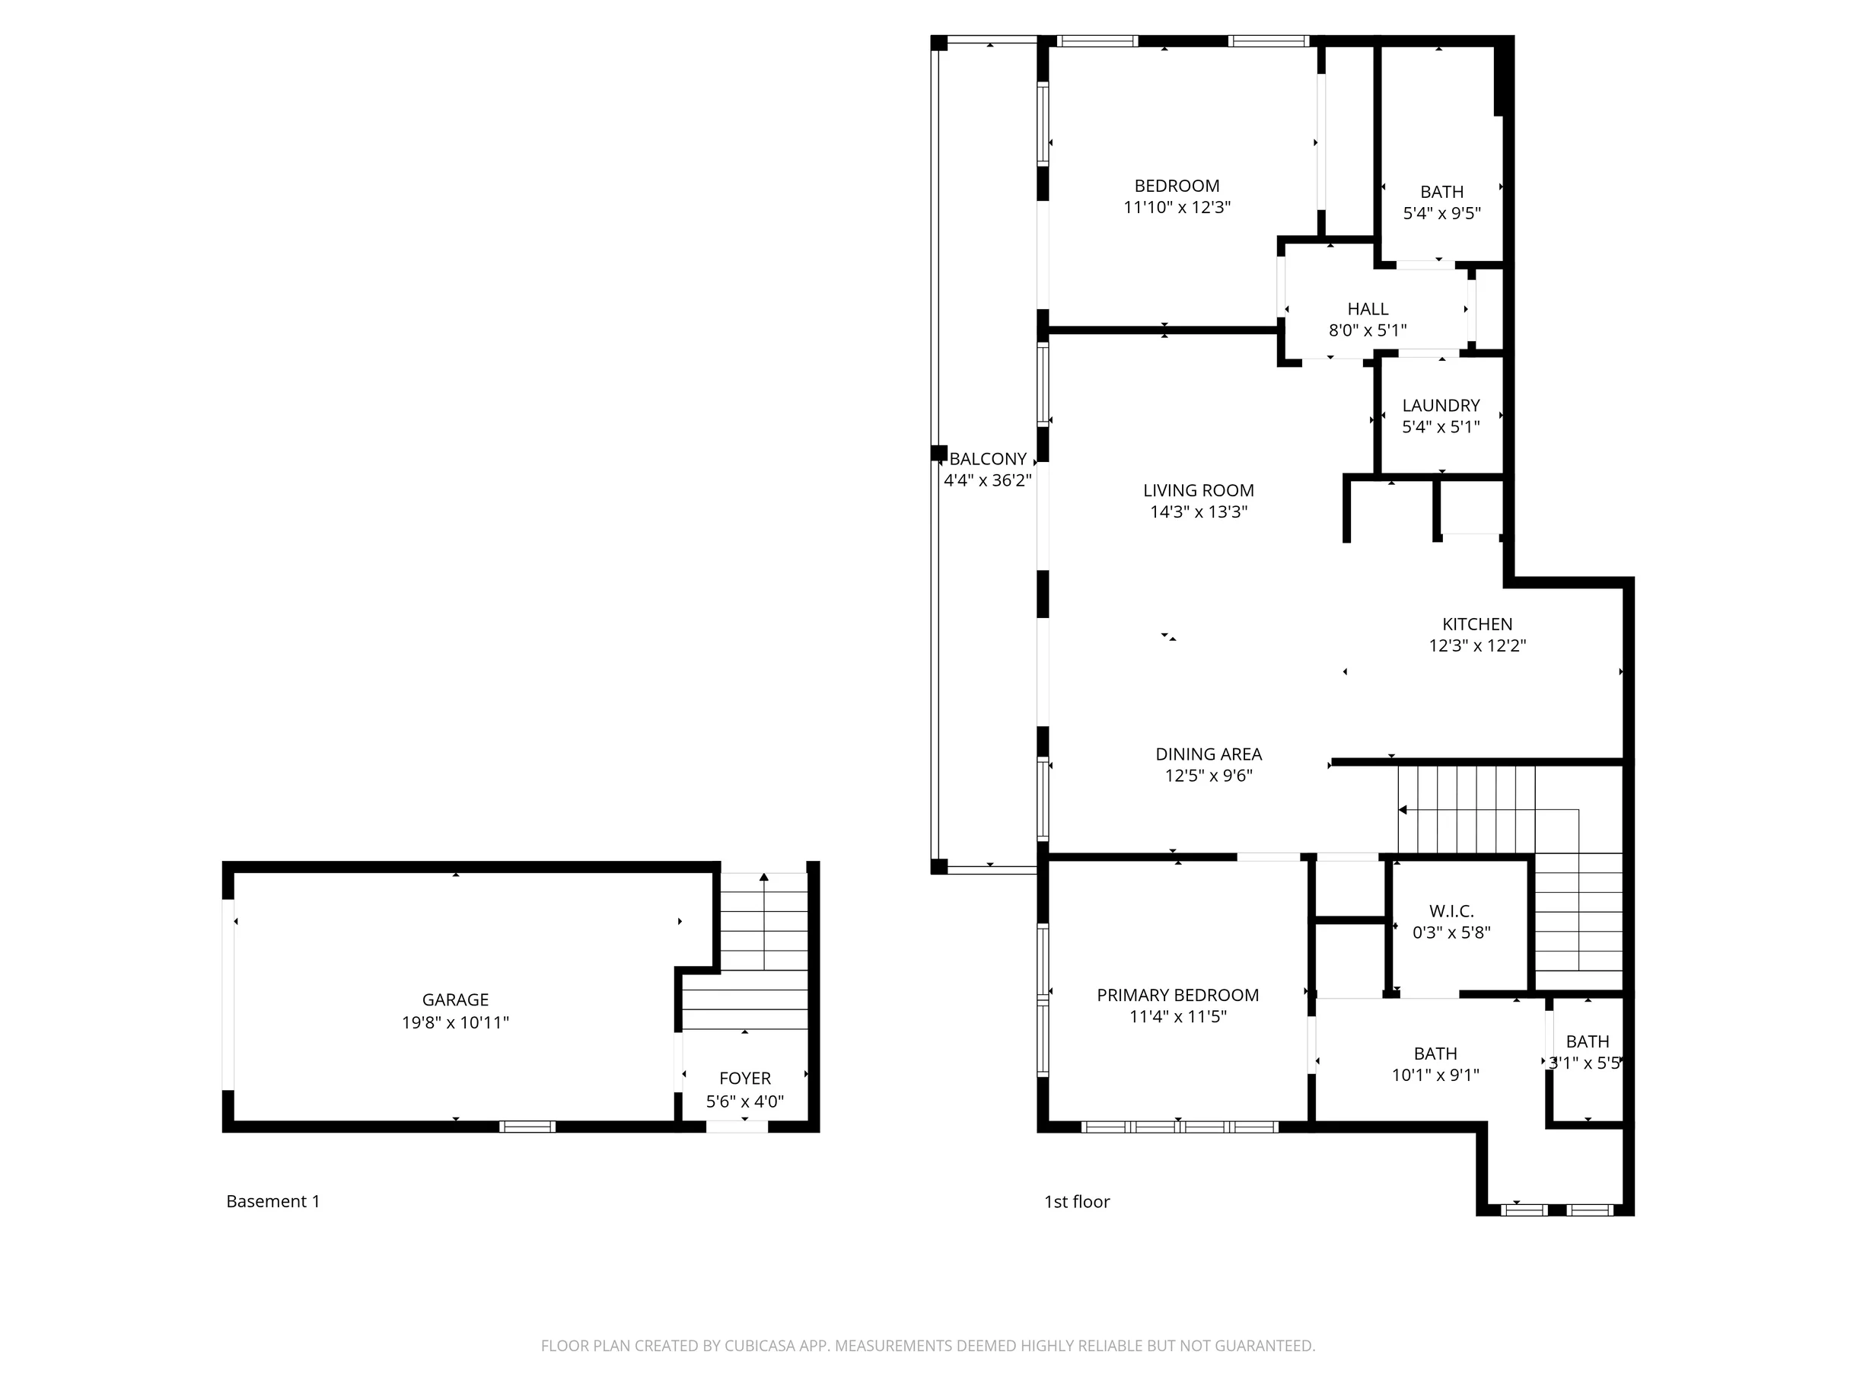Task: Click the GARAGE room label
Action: coord(455,1000)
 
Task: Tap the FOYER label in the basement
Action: coord(744,1079)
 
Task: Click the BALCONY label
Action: coord(988,459)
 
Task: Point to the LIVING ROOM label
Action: coord(1199,490)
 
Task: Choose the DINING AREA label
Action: coord(1209,755)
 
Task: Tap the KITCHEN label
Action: coord(1477,625)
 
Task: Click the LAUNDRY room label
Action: coord(1441,406)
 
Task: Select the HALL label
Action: coord(1368,309)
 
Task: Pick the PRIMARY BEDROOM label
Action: coord(1178,995)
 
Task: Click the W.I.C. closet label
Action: coord(1451,911)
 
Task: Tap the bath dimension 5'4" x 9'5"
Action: coord(1442,213)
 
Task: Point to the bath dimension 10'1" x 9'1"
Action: coord(1435,1075)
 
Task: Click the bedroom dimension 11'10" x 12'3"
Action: coord(1177,207)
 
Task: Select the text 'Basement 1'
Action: coord(272,1201)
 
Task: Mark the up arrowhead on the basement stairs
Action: coord(764,878)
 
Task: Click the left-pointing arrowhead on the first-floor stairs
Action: coord(1403,810)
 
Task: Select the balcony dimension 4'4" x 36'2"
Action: coord(988,481)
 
